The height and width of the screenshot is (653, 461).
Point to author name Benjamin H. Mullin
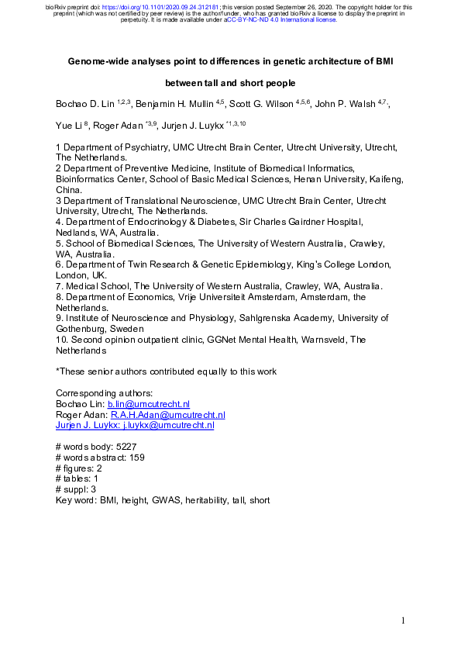(173, 104)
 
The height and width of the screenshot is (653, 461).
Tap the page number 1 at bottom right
(404, 620)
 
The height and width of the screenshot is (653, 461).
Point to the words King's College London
(339, 264)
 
